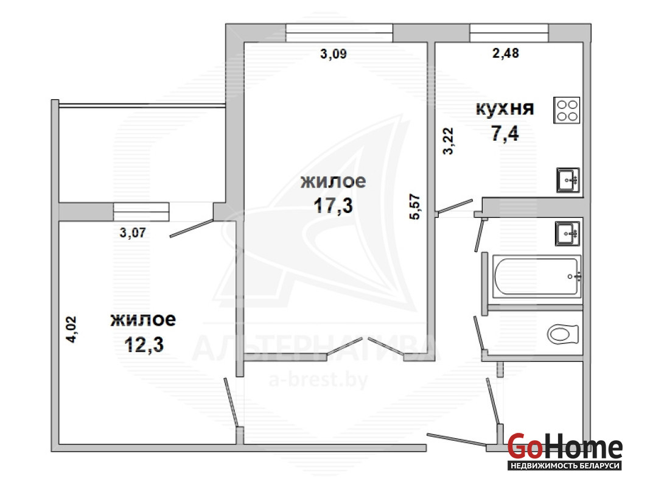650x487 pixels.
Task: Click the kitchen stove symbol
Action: pyautogui.click(x=567, y=110)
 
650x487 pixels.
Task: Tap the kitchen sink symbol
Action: pyautogui.click(x=568, y=180)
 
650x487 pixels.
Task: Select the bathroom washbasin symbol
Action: pyautogui.click(x=567, y=234)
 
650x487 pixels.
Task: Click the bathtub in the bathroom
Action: pyautogui.click(x=537, y=276)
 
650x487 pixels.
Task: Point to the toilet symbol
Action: pyautogui.click(x=562, y=334)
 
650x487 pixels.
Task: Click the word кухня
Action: pyautogui.click(x=505, y=108)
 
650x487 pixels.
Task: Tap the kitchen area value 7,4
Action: pyautogui.click(x=505, y=133)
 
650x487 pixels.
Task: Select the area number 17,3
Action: pyautogui.click(x=334, y=206)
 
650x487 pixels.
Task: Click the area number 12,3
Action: pyautogui.click(x=144, y=345)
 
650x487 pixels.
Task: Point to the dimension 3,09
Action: pyautogui.click(x=334, y=54)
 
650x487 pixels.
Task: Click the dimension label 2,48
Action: pyautogui.click(x=505, y=53)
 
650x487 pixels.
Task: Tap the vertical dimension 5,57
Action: pyautogui.click(x=414, y=207)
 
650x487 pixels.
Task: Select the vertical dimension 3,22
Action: pyautogui.click(x=448, y=141)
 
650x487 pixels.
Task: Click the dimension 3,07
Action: pyautogui.click(x=133, y=233)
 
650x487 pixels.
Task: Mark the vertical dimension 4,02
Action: pyautogui.click(x=71, y=329)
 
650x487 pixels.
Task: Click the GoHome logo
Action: pyautogui.click(x=565, y=446)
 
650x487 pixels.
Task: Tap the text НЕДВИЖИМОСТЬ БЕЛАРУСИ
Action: pyautogui.click(x=565, y=466)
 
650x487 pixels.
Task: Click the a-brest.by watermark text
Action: pyautogui.click(x=318, y=379)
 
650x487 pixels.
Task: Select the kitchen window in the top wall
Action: pyautogui.click(x=509, y=33)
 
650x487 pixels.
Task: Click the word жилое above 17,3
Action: pyautogui.click(x=334, y=181)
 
